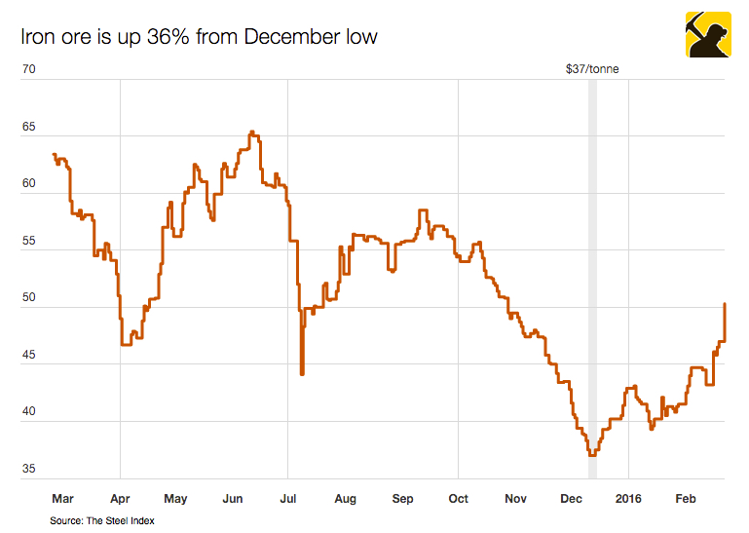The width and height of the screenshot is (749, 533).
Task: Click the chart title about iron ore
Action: click(x=199, y=37)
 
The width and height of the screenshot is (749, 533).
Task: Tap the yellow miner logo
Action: click(x=708, y=35)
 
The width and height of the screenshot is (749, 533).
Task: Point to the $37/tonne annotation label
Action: click(x=592, y=69)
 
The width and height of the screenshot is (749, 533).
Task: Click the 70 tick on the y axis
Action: click(x=29, y=70)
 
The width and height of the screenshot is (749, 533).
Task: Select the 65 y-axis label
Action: click(x=29, y=128)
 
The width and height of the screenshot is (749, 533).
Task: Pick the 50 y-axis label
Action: click(x=29, y=297)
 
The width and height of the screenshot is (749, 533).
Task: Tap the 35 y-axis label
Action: click(x=29, y=469)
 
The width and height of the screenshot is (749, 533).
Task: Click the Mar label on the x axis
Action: click(x=62, y=499)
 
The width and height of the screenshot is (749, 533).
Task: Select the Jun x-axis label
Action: click(x=232, y=499)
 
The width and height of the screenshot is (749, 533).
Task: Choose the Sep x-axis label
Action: click(x=402, y=499)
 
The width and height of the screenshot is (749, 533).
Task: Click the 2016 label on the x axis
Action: click(x=629, y=499)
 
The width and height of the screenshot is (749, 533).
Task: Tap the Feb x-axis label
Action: click(x=687, y=499)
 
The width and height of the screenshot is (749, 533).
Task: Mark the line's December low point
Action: click(x=591, y=454)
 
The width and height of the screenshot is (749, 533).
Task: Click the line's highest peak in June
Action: click(x=251, y=132)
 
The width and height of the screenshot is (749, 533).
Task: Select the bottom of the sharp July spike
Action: click(x=302, y=373)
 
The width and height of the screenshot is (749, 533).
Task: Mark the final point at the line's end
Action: click(x=725, y=304)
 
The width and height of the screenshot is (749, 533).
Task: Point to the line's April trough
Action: click(x=127, y=344)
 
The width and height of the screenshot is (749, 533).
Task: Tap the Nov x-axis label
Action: click(x=515, y=499)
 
